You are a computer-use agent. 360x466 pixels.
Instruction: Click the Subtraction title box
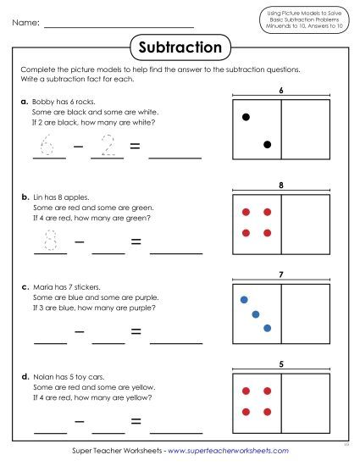pos(180,47)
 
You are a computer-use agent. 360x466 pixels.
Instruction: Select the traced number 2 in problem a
pos(107,147)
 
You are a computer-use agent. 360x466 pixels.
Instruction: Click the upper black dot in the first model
pos(246,117)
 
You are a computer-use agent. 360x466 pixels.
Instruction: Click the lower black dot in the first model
pos(267,145)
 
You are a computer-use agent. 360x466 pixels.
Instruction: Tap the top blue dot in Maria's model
pos(244,300)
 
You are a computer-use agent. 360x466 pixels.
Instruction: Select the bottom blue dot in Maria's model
pos(267,327)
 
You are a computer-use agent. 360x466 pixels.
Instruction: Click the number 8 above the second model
pos(280,183)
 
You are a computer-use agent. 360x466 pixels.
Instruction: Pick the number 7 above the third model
pos(280,275)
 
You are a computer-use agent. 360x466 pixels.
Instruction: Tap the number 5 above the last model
pos(280,365)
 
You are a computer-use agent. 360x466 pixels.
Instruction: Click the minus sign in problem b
pos(77,241)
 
